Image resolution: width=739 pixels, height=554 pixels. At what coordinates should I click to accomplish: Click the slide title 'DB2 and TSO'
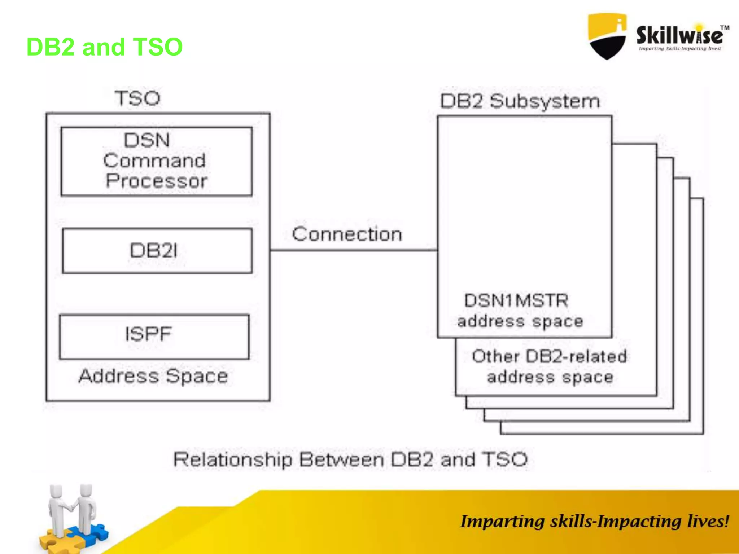[105, 47]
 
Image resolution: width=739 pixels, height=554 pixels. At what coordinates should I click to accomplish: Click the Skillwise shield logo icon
[607, 36]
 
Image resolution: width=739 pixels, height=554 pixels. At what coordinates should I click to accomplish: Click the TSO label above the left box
[137, 98]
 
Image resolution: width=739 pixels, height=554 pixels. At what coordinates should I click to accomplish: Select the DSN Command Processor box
[156, 161]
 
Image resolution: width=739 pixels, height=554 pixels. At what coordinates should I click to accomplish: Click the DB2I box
[157, 251]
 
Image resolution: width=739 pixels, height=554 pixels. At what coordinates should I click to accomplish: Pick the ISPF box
[154, 337]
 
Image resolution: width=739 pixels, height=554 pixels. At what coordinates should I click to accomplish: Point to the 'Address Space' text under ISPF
[153, 376]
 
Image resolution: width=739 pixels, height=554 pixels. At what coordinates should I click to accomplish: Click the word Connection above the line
[347, 234]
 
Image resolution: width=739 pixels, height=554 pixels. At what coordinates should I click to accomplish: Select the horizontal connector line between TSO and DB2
[354, 250]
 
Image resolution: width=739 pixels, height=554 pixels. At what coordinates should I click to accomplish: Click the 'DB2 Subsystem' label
[520, 101]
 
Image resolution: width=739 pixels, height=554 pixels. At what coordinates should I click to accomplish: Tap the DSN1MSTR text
[516, 300]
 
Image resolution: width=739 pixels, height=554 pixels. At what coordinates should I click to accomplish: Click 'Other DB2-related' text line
[549, 356]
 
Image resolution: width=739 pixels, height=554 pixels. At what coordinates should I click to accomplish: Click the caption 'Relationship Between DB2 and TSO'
[350, 460]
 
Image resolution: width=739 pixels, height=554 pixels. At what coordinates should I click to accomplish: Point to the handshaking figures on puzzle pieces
[72, 509]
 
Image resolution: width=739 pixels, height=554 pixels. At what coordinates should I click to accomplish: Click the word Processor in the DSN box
[156, 181]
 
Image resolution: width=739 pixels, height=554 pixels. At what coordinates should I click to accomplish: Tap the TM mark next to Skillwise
[725, 28]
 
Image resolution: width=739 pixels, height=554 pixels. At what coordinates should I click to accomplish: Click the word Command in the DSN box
[154, 161]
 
